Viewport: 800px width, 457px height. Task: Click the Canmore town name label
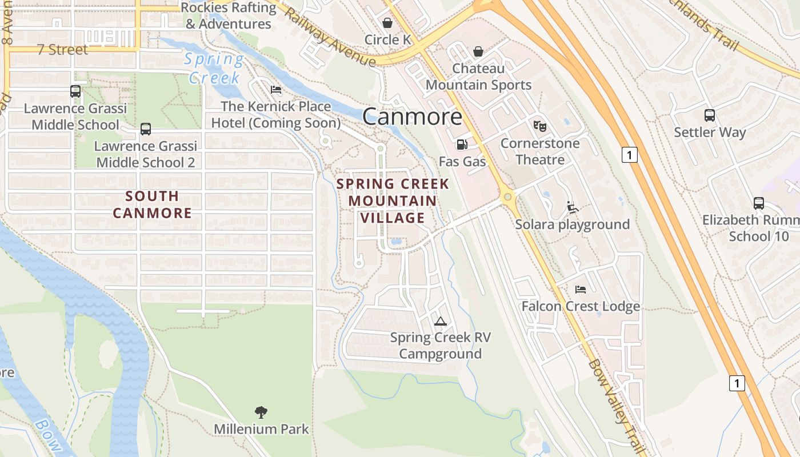coord(412,117)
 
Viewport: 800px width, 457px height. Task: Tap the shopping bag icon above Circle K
coord(387,23)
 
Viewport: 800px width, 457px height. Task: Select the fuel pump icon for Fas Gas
coord(462,145)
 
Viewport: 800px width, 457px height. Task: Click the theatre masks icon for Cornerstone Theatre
coord(539,126)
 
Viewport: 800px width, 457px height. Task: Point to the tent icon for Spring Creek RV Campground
coord(440,321)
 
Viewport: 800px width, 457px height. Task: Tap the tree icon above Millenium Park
coord(261,412)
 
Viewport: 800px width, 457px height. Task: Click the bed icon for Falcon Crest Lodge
coord(581,290)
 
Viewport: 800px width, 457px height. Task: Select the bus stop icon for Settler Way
coord(709,115)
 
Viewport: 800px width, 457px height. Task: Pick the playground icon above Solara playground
coord(572,207)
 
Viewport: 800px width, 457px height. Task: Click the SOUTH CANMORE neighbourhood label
coord(152,205)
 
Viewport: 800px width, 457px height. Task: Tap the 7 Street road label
coord(63,50)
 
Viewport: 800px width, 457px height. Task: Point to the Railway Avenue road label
coord(330,37)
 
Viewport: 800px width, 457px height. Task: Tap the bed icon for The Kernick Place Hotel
coord(275,90)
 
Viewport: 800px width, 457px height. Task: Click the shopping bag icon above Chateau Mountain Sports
coord(478,52)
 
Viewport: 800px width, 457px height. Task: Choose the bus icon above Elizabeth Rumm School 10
coord(758,203)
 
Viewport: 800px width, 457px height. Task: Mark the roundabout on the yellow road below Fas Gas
coord(507,197)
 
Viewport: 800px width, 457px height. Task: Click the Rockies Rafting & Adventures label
coord(229,15)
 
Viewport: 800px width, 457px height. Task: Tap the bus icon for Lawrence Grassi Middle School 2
coord(146,129)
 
